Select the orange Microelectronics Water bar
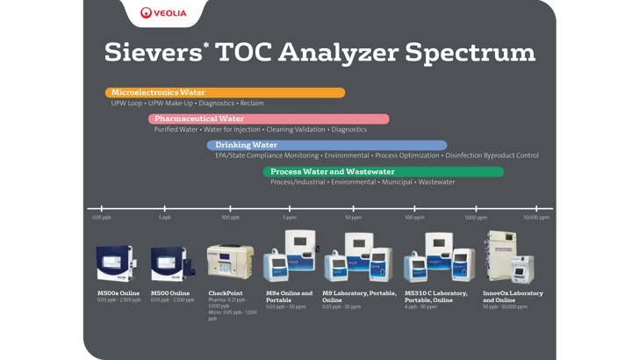(x=225, y=92)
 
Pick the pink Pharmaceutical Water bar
(x=269, y=119)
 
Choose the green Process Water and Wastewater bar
(x=383, y=171)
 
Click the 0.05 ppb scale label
(x=102, y=217)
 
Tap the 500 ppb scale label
(x=230, y=217)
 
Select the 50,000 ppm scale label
(x=536, y=217)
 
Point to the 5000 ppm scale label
(x=476, y=217)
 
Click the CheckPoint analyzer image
(x=230, y=261)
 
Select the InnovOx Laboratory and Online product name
(x=513, y=296)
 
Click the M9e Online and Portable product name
(x=289, y=296)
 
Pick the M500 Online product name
(x=170, y=292)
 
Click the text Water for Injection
(x=232, y=129)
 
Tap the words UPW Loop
(x=126, y=103)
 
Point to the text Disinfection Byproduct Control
(x=492, y=155)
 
